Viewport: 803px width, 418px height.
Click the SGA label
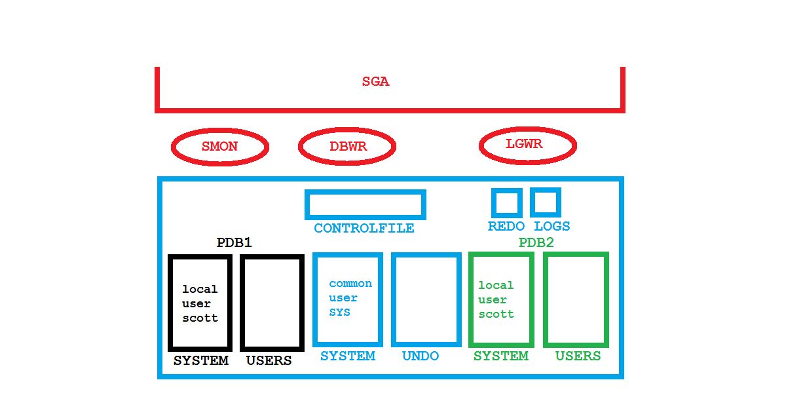tap(376, 82)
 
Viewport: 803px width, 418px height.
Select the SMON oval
tap(220, 147)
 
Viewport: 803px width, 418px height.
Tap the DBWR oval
tap(347, 147)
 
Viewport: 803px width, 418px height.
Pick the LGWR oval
tap(527, 144)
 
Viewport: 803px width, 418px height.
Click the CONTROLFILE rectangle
tap(365, 204)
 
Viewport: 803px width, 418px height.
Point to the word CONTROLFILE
tap(364, 229)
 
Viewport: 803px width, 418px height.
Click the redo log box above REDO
tap(506, 202)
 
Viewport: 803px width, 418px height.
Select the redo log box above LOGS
tap(545, 202)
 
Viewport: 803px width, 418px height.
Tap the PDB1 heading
tap(234, 243)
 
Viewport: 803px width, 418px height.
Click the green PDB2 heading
tap(536, 243)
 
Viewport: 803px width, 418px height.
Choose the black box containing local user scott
tap(200, 303)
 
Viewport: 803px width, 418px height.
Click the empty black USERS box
tap(272, 303)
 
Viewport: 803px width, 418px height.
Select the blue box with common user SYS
tap(348, 299)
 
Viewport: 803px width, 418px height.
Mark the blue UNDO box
tap(426, 299)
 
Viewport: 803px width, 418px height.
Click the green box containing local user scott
tap(501, 299)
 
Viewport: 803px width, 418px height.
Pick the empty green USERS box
tap(576, 299)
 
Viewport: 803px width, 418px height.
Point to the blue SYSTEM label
tap(348, 356)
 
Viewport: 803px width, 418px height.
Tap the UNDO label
tap(420, 356)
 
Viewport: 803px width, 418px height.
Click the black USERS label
tap(269, 361)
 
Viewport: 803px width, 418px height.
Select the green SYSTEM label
tap(501, 356)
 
